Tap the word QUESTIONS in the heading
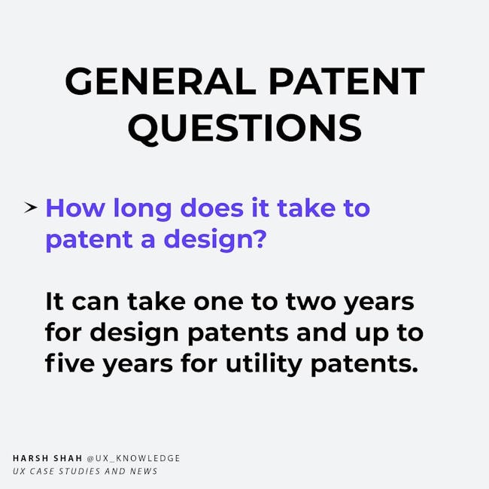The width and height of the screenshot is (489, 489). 244,128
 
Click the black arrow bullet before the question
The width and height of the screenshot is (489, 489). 31,208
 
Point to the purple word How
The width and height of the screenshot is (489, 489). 75,208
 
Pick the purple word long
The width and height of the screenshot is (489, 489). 142,210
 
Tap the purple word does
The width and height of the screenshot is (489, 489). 212,207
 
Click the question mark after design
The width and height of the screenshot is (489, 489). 260,238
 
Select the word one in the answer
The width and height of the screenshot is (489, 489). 218,302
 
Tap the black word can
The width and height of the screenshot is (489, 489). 96,302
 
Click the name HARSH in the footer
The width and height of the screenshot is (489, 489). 31,458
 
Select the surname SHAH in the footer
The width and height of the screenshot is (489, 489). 68,458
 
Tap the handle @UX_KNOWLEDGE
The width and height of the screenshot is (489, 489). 133,458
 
